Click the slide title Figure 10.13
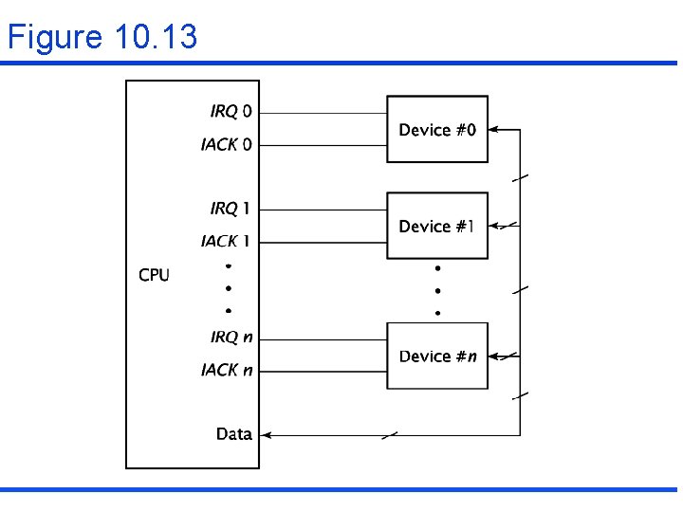(x=102, y=37)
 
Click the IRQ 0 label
(x=231, y=112)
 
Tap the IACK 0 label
(x=227, y=145)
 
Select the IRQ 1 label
(x=231, y=208)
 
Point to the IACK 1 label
(x=227, y=242)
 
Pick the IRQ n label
(x=231, y=337)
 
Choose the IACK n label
(x=227, y=370)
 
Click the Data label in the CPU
(x=233, y=434)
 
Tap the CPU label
(x=154, y=275)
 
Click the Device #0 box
(x=437, y=129)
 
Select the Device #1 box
(x=437, y=226)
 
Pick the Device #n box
(x=437, y=356)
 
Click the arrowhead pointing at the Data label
(x=267, y=435)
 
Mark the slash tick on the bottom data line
(x=389, y=435)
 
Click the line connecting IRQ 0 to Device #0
(x=323, y=113)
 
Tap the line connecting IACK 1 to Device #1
(x=323, y=242)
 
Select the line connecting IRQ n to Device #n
(x=323, y=337)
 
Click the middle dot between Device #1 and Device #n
(x=437, y=290)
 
